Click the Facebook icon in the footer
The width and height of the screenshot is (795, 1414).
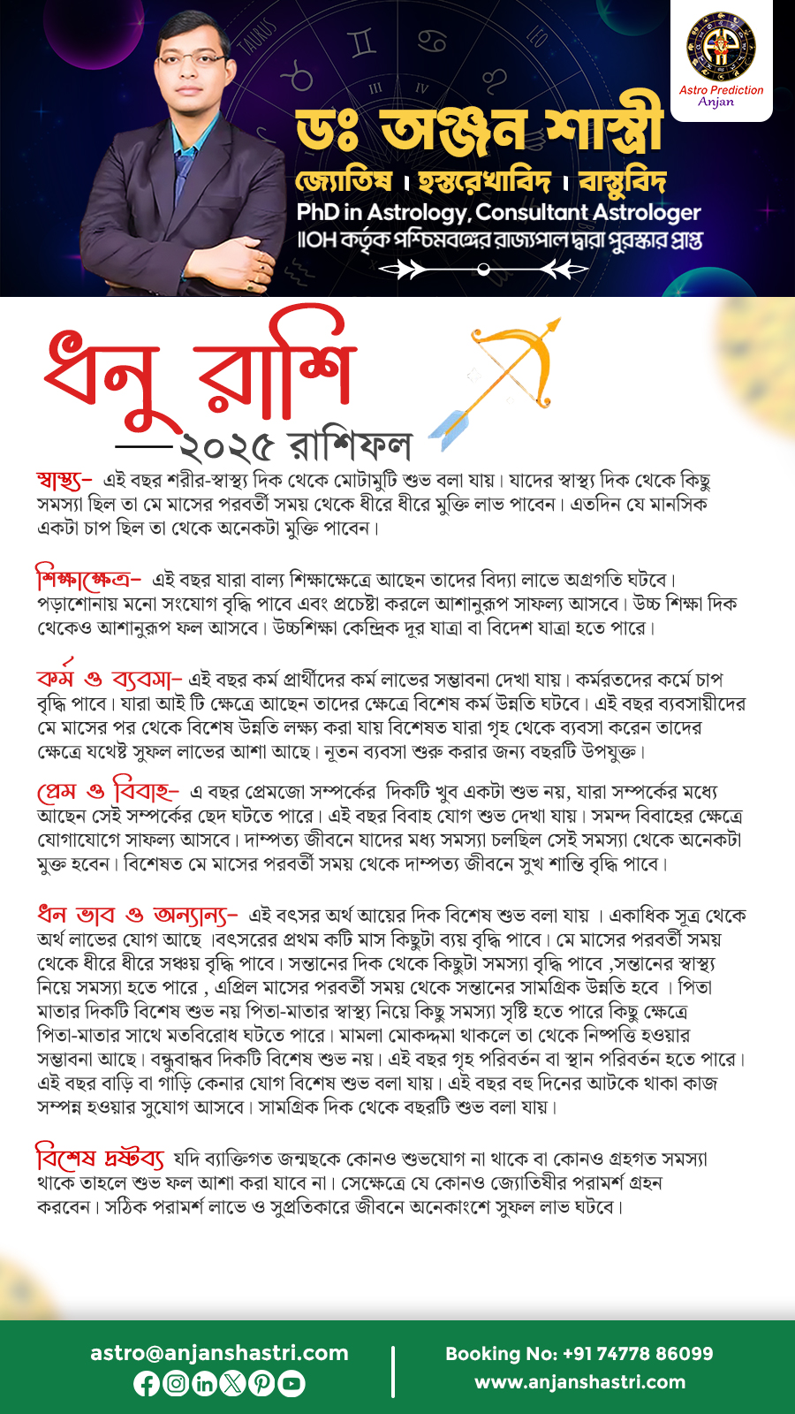click(147, 1383)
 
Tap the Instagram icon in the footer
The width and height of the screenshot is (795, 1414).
click(176, 1383)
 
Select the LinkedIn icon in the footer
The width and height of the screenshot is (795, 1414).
click(204, 1383)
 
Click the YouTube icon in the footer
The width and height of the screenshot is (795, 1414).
click(291, 1383)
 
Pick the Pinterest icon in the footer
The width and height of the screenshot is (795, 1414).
click(261, 1383)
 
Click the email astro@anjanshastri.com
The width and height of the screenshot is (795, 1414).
click(219, 1353)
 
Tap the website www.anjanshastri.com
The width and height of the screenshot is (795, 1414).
click(579, 1382)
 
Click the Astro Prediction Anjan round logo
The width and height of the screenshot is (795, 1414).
click(721, 47)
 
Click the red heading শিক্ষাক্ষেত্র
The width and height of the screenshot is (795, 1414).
click(87, 580)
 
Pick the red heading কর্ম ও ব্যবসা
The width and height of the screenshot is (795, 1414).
click(108, 679)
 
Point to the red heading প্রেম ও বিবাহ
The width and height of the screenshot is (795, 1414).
click(107, 790)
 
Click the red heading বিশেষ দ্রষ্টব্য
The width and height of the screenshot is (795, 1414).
click(99, 1157)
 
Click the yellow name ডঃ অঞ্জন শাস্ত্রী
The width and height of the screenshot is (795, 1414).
click(479, 131)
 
